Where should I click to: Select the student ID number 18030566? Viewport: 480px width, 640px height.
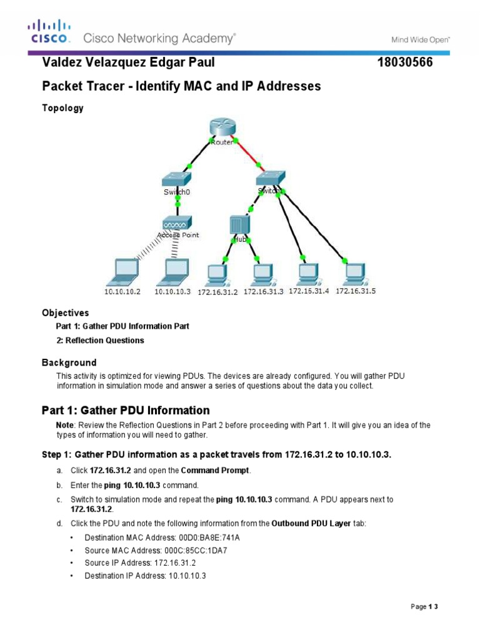coord(406,64)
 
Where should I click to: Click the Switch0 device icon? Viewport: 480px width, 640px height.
coord(177,178)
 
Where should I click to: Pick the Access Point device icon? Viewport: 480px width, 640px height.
coord(177,223)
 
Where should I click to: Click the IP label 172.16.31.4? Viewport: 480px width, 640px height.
coord(309,291)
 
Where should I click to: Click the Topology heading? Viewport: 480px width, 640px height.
coord(62,108)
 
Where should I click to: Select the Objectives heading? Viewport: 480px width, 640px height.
coord(66,312)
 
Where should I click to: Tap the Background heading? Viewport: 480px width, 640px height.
coord(69,362)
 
